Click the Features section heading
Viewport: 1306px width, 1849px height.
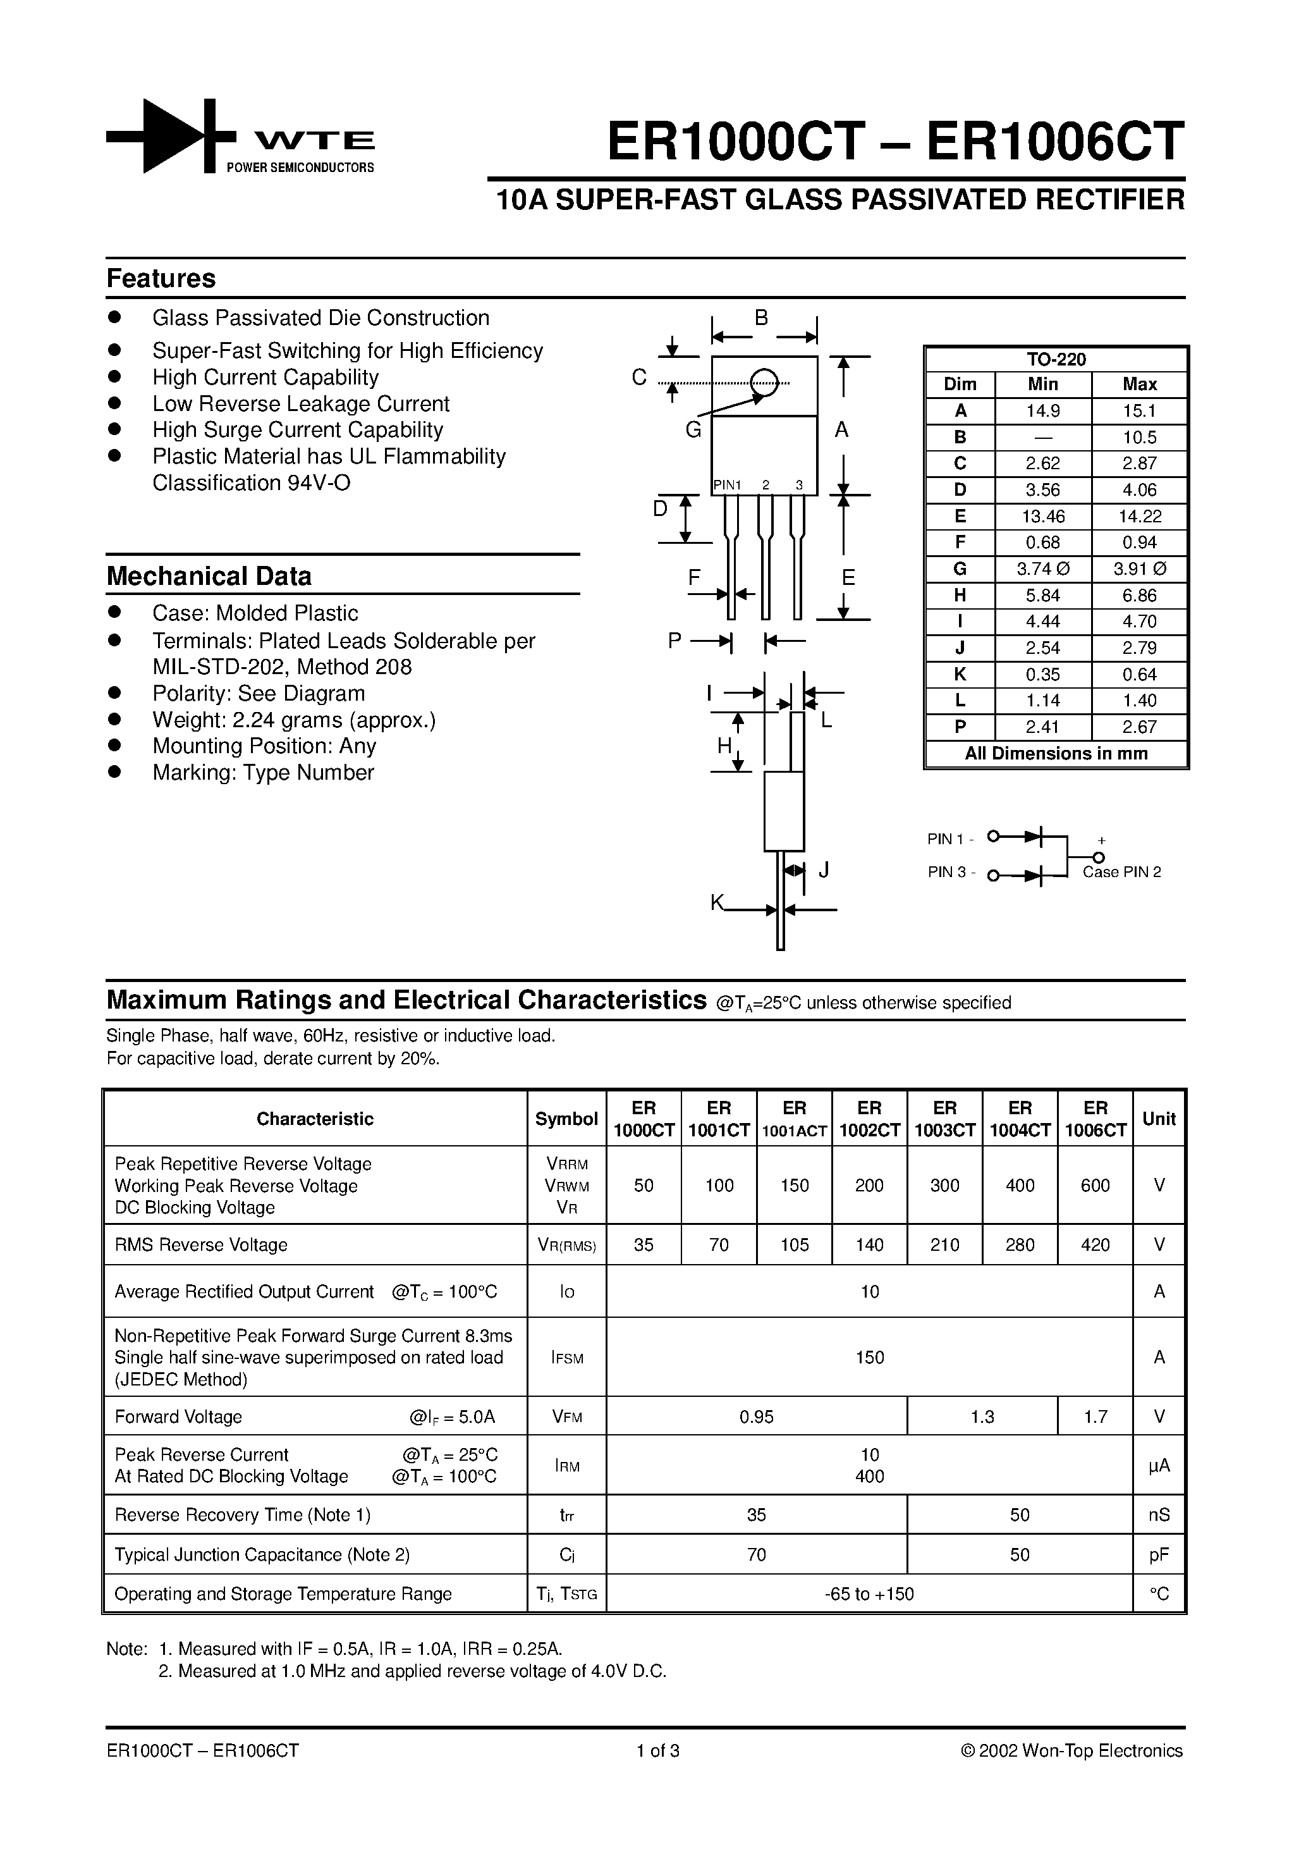(x=161, y=279)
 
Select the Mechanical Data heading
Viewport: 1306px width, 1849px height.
(x=209, y=577)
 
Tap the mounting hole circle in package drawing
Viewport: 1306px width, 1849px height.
(x=764, y=383)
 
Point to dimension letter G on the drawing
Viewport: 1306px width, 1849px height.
(x=693, y=431)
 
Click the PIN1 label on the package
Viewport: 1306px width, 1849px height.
(x=727, y=485)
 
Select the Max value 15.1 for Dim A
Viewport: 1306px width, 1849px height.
(x=1139, y=410)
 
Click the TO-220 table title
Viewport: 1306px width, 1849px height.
(x=1056, y=360)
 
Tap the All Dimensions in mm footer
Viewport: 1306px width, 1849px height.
(x=1056, y=754)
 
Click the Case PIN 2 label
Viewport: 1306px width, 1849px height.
(x=1121, y=872)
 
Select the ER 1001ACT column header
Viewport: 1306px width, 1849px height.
(x=794, y=1119)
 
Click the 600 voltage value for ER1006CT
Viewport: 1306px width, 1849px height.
(x=1095, y=1186)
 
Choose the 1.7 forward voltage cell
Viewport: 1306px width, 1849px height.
(x=1095, y=1416)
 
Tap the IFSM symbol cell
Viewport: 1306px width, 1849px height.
(x=567, y=1358)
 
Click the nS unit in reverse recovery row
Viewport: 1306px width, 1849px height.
(x=1159, y=1514)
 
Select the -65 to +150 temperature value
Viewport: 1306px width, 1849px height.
(x=870, y=1594)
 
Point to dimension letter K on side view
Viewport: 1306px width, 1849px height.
(x=717, y=903)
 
